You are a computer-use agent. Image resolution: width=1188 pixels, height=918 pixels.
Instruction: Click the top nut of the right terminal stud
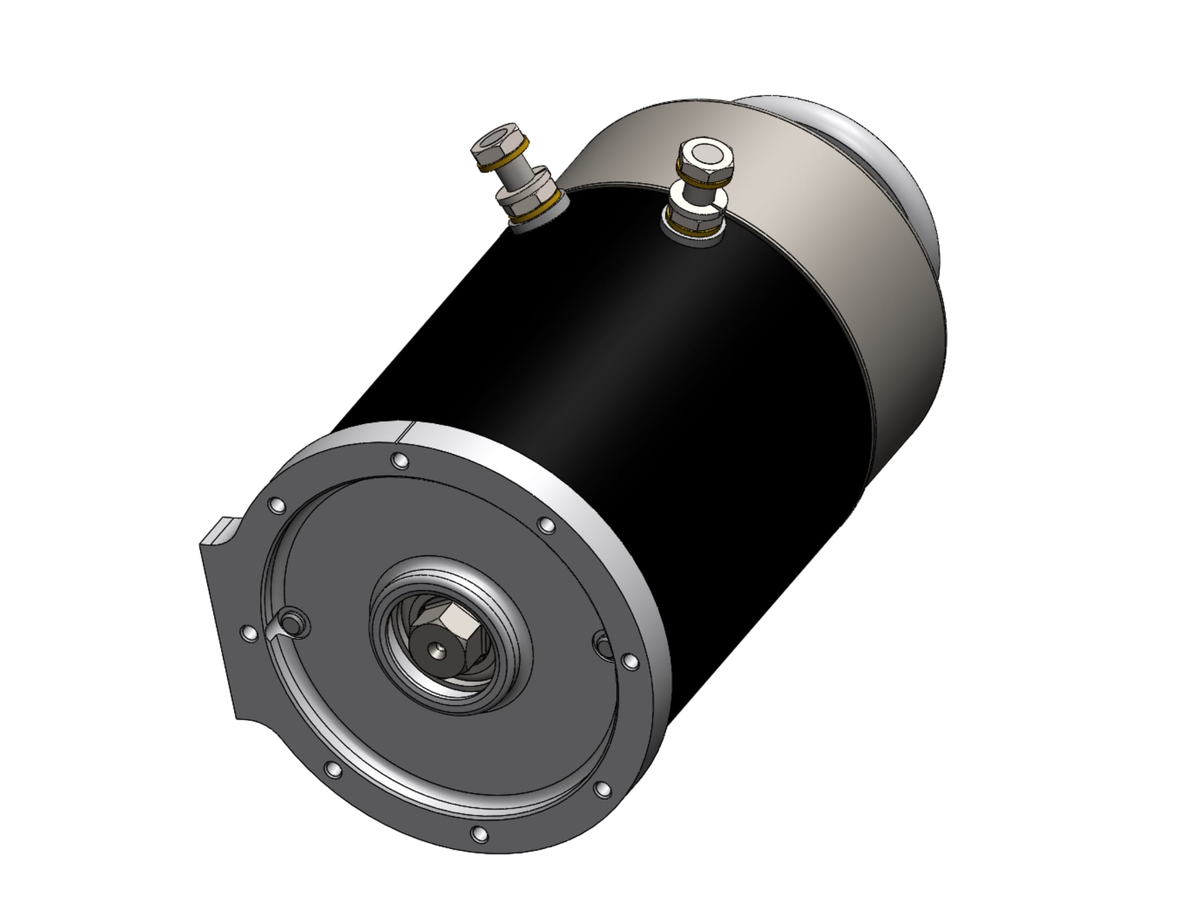pos(705,155)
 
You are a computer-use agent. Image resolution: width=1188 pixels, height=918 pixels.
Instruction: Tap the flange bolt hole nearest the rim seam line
pos(400,461)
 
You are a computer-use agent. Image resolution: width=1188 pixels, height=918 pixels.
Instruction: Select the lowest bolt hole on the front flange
pos(478,834)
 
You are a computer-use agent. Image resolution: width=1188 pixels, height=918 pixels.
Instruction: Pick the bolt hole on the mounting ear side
pos(249,633)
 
